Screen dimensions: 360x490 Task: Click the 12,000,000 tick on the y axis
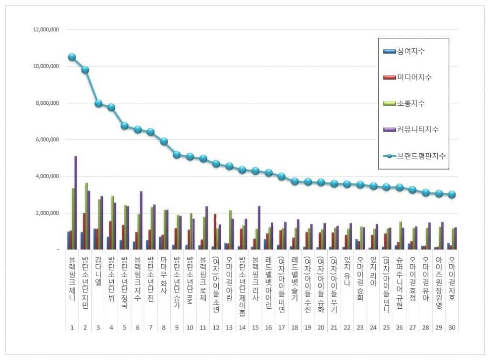[x=45, y=30]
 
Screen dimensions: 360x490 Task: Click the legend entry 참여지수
[x=411, y=51]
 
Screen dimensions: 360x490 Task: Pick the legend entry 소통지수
[x=411, y=103]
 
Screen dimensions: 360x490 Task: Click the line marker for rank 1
[x=72, y=57]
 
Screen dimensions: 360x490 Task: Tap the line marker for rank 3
[x=98, y=103]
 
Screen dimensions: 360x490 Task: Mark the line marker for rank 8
[x=164, y=141]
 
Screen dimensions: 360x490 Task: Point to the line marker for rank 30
[x=452, y=194]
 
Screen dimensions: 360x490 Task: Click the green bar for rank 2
[x=86, y=216]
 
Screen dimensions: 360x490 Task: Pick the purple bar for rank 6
[x=141, y=220]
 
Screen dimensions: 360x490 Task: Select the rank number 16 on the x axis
[x=268, y=328]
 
